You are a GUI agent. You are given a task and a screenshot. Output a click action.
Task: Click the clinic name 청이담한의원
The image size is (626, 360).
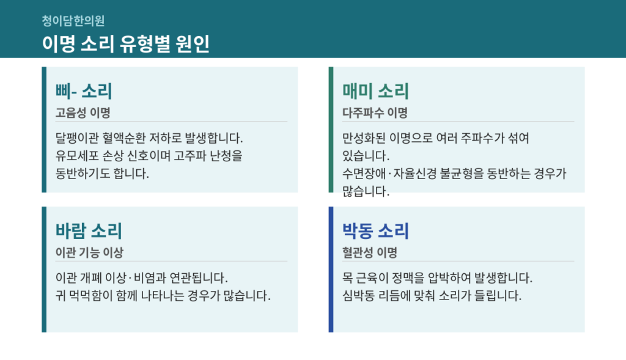73,21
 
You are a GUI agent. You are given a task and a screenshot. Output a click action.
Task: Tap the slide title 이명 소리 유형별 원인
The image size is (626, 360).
126,43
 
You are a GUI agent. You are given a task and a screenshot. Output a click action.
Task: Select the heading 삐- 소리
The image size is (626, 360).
84,91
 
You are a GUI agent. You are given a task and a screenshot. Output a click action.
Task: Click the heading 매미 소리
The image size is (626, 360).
375,91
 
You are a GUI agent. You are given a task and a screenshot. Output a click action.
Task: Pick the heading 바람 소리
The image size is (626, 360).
89,230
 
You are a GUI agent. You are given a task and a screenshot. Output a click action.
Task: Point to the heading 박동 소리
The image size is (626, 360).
375,230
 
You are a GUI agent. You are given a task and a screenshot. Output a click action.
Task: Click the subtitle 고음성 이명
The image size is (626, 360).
83,112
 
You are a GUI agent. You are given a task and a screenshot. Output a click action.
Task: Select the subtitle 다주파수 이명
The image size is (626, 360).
375,112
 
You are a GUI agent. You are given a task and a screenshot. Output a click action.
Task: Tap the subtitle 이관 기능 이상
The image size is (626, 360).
89,252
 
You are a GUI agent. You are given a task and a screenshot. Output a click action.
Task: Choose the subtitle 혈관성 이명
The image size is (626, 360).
370,252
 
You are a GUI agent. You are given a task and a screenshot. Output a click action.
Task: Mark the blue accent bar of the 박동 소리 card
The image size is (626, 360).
331,270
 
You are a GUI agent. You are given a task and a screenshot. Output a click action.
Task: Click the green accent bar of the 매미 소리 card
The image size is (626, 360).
331,130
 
